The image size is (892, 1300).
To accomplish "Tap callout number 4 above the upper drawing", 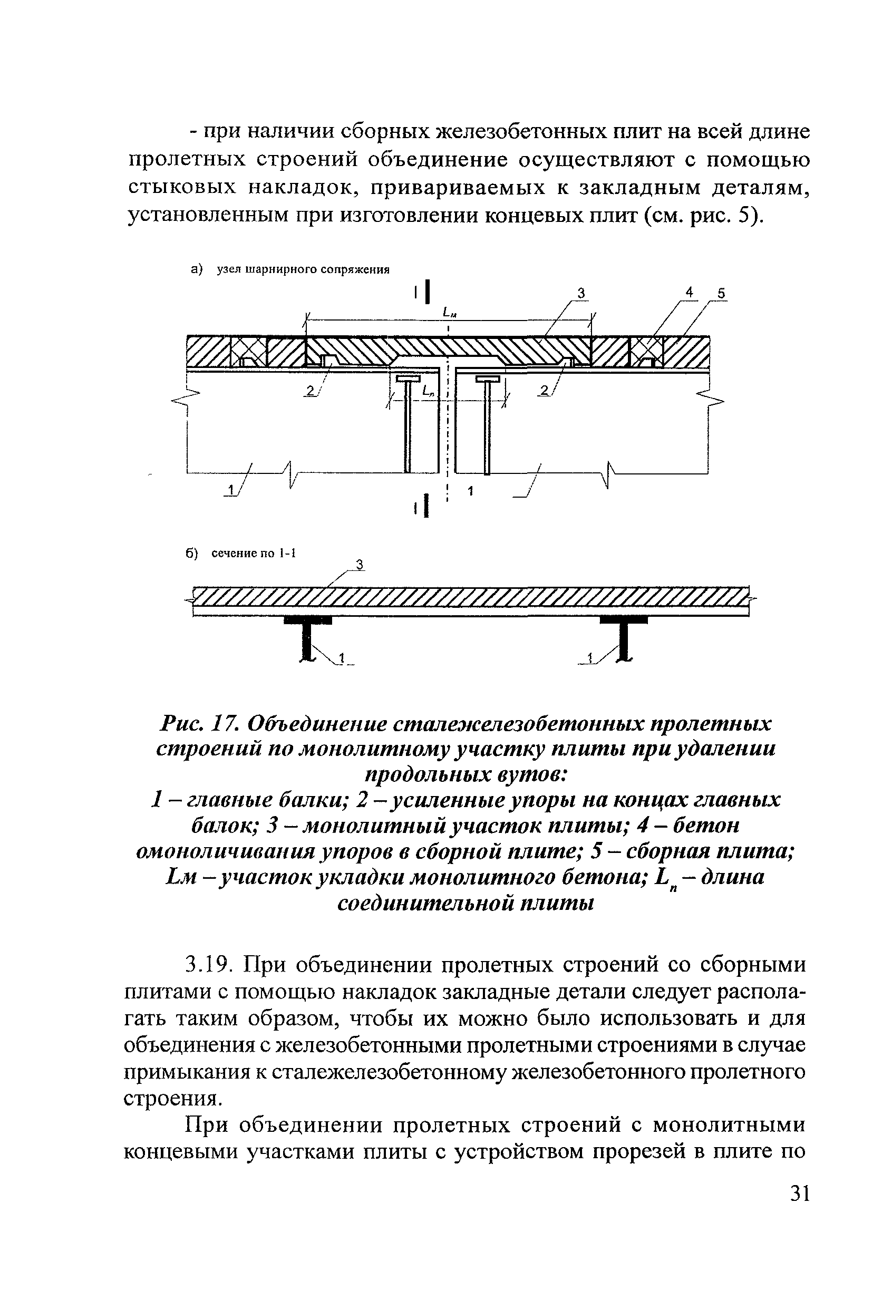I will point(690,292).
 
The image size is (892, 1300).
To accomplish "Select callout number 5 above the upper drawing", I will point(721,294).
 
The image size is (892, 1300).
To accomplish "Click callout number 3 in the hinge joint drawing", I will point(581,293).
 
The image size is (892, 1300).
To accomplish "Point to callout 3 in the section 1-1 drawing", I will point(360,566).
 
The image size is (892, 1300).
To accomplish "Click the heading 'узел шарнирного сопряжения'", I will point(303,269).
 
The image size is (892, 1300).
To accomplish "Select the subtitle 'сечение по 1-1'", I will point(253,553).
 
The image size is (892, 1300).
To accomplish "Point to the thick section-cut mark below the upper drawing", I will point(426,506).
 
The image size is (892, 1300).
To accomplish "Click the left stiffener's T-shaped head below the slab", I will point(408,380).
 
